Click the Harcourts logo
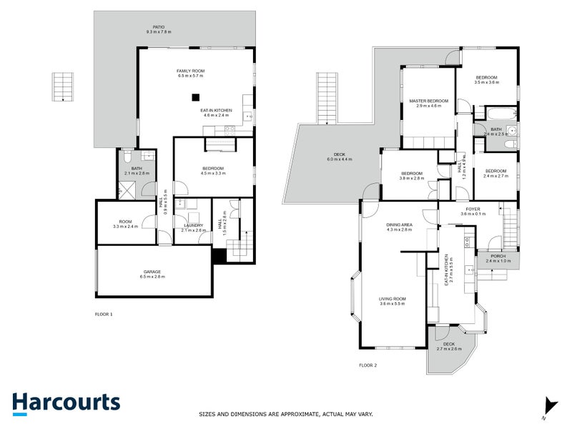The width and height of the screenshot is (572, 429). [x=66, y=403]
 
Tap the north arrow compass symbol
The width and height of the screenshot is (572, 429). [x=548, y=406]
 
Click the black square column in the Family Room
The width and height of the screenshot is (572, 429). [x=194, y=98]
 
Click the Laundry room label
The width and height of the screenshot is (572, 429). [x=194, y=227]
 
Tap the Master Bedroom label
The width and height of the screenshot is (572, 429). [x=428, y=104]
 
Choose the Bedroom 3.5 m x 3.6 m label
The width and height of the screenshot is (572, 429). [x=486, y=79]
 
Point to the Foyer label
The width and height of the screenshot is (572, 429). [x=473, y=211]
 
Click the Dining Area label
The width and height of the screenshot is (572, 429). [x=400, y=227]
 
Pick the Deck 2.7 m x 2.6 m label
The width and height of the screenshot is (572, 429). [x=448, y=346]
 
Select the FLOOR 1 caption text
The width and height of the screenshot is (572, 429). [x=104, y=314]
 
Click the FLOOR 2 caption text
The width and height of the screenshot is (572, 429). [x=368, y=365]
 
